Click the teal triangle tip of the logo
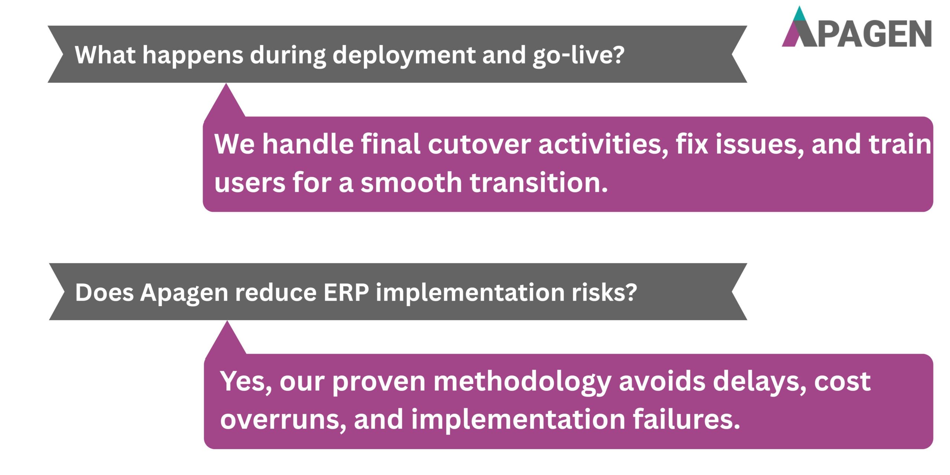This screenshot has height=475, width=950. (x=800, y=15)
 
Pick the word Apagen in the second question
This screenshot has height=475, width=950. (x=184, y=293)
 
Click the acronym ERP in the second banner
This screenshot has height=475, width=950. (x=346, y=293)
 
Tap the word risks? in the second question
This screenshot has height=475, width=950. (x=604, y=293)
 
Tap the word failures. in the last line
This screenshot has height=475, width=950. (x=686, y=419)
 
